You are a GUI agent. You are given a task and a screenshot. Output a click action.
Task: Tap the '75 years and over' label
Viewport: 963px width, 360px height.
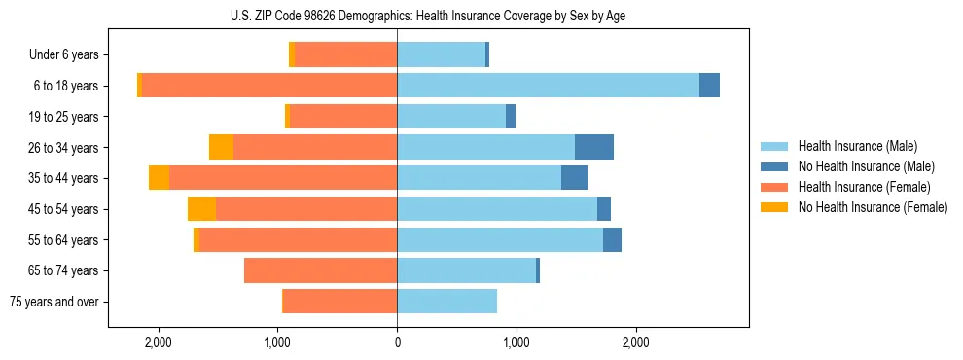[x=54, y=302]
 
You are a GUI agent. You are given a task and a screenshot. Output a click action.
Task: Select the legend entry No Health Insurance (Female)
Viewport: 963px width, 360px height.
[x=873, y=207]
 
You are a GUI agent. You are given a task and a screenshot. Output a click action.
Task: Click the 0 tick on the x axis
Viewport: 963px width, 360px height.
[x=397, y=342]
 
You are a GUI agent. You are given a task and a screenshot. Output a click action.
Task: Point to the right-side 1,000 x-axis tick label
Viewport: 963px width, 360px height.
[x=517, y=342]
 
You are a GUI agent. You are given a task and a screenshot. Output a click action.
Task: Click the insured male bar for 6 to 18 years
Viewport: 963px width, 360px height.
[x=548, y=86]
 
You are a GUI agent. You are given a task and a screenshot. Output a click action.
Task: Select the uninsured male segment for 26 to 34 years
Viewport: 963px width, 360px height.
[x=593, y=147]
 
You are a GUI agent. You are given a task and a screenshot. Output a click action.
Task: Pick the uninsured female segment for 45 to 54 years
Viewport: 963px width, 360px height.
[x=201, y=209]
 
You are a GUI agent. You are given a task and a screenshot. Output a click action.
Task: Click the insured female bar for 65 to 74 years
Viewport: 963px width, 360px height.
[x=320, y=270]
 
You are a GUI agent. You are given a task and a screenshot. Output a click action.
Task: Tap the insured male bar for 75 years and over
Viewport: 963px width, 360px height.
[x=446, y=302]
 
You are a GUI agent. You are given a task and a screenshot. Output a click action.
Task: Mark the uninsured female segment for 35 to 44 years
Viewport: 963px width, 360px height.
[x=159, y=178]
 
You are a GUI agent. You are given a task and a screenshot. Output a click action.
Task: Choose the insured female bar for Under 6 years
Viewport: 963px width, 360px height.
[x=345, y=55]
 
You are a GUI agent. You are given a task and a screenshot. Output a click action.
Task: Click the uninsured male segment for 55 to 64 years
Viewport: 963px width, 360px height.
[x=612, y=240]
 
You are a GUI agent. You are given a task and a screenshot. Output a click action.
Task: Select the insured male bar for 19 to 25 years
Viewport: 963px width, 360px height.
[x=451, y=117]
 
